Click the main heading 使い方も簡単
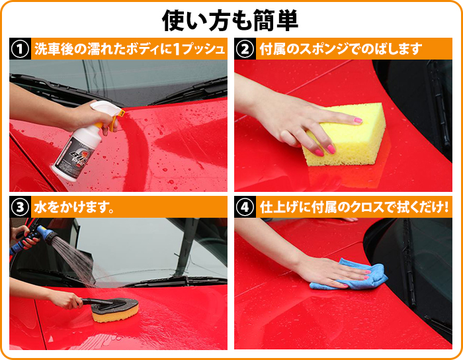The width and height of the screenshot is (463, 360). [230, 21]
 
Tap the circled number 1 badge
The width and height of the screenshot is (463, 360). [20, 49]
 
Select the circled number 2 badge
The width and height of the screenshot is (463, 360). [245, 49]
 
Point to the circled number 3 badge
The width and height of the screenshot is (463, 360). [20, 207]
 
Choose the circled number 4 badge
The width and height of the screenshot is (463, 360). [245, 207]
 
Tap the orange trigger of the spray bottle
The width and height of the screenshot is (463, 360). [115, 120]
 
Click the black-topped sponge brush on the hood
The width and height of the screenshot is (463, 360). [115, 310]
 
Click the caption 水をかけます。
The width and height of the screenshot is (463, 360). [74, 207]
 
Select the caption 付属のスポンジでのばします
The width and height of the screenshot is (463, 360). [341, 49]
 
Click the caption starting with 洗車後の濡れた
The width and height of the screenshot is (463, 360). [130, 49]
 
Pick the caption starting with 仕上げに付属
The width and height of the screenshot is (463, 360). [354, 207]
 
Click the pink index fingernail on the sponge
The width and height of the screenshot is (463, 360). [358, 120]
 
